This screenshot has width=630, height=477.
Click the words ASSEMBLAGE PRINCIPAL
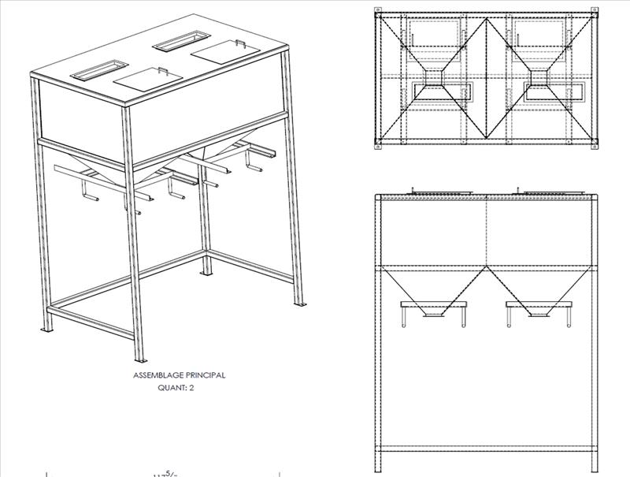pyautogui.click(x=180, y=375)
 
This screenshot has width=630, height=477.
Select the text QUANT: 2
pyautogui.click(x=180, y=388)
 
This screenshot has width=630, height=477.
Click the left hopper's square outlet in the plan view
pyautogui.click(x=432, y=77)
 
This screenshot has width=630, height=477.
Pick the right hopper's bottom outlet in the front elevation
pyautogui.click(x=539, y=314)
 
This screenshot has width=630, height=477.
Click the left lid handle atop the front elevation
pyautogui.click(x=413, y=189)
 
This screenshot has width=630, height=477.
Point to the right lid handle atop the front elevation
pyautogui.click(x=519, y=189)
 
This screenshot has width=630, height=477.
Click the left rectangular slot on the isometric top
pyautogui.click(x=98, y=70)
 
